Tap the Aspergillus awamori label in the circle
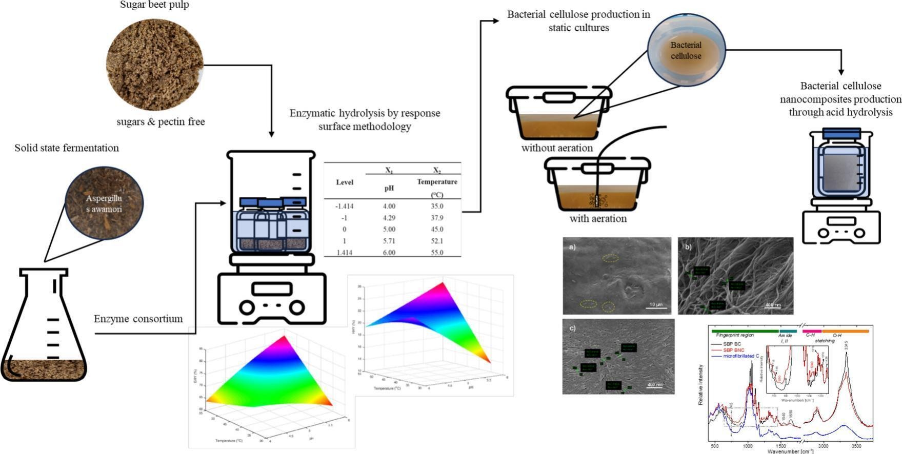104,204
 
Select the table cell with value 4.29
389,218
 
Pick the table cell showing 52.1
437,241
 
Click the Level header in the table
345,182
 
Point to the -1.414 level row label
345,207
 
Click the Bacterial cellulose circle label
686,51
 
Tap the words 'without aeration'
557,148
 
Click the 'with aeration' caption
598,219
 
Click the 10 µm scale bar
656,306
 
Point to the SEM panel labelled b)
735,276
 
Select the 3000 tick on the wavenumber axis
824,447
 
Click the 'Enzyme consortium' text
138,319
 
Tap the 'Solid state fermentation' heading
67,149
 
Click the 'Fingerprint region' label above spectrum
735,335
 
